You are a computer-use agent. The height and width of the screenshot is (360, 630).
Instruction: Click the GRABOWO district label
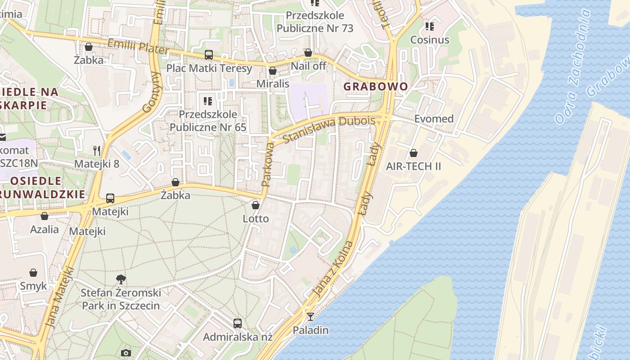click(376, 86)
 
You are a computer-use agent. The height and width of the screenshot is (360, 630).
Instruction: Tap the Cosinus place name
click(430, 40)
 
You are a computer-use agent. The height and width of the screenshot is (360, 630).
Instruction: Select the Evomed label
click(434, 119)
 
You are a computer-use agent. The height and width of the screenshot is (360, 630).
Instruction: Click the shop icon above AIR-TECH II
click(414, 153)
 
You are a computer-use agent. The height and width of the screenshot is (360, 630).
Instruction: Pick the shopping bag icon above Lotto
click(256, 205)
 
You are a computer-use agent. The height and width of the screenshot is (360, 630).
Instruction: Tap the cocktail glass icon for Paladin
click(310, 316)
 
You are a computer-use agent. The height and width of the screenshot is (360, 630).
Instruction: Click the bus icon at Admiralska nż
click(238, 323)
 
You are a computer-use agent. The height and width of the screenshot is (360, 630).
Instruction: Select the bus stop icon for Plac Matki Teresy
click(209, 55)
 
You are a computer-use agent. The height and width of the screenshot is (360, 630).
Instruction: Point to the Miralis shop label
click(273, 84)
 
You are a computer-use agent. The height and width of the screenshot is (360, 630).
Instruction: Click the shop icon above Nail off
click(308, 53)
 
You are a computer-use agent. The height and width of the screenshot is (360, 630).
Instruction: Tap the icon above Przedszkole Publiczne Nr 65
click(208, 101)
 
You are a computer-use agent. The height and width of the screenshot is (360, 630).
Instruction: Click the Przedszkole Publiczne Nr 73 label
click(315, 22)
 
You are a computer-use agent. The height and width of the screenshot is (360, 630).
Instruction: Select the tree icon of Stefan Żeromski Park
click(121, 279)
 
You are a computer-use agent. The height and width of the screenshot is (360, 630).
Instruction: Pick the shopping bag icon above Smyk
click(33, 273)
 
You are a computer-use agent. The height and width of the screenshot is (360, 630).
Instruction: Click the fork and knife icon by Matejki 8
click(97, 150)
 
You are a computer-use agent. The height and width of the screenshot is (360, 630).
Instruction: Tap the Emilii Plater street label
click(138, 47)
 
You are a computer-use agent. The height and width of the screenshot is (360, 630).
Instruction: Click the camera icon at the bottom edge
click(126, 353)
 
